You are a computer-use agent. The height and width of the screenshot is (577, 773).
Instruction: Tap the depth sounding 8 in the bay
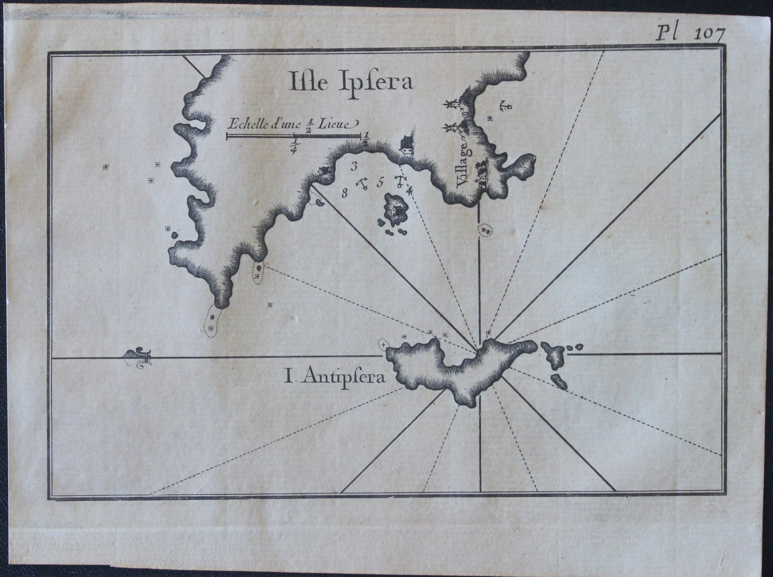pos(345,193)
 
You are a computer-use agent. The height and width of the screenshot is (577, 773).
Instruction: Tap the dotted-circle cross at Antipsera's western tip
pos(384,344)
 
